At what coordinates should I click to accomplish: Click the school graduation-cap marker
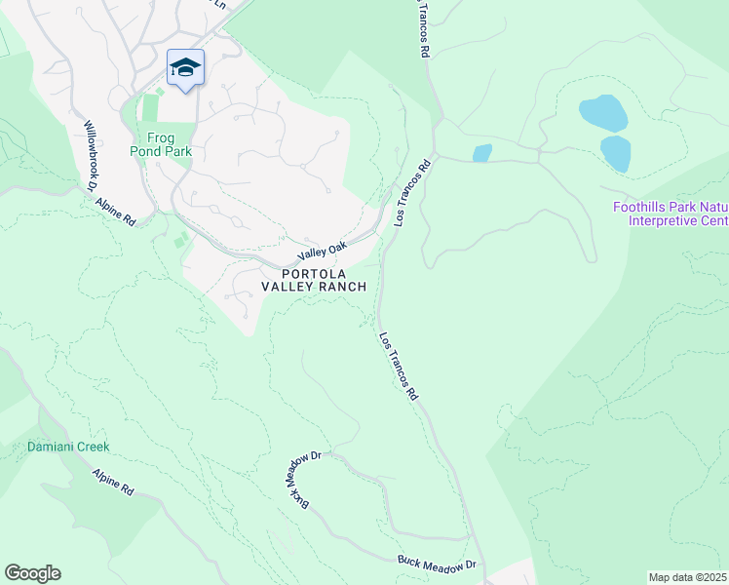(185, 68)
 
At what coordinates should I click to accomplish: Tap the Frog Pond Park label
(162, 144)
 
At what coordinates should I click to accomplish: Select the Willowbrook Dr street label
(94, 150)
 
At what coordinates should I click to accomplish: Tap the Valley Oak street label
(323, 252)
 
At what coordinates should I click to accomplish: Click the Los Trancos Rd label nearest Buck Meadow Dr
(398, 367)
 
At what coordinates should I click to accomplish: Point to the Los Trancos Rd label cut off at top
(423, 29)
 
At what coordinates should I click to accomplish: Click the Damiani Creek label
(68, 447)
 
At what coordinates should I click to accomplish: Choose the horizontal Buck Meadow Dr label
(436, 564)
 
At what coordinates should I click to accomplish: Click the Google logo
(32, 573)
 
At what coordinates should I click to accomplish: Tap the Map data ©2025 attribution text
(687, 577)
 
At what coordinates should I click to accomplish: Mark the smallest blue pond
(481, 153)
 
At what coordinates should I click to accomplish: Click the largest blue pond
(602, 113)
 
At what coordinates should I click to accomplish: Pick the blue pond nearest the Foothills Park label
(615, 153)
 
